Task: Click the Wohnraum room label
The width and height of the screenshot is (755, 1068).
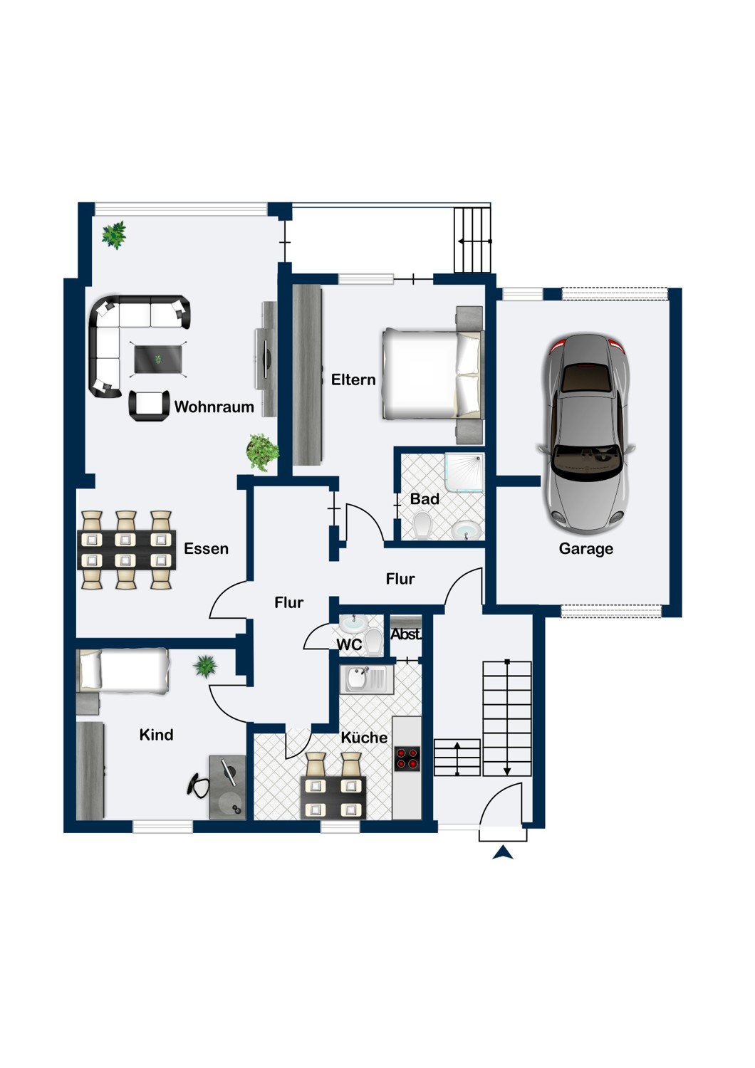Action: pos(214,407)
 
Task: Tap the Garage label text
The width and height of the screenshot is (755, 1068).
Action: pos(585,548)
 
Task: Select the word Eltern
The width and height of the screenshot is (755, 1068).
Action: pos(353,379)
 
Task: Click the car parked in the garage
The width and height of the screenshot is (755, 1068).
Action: pos(585,433)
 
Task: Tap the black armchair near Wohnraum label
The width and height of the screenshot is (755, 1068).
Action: pos(149,406)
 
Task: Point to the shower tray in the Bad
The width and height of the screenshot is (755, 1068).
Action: pos(464,472)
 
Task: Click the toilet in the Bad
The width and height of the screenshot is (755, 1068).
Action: pos(422,527)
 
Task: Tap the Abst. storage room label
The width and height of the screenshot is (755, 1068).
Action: pos(406,634)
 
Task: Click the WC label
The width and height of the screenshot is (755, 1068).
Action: pos(349,645)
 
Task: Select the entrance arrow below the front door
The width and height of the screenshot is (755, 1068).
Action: pos(503,852)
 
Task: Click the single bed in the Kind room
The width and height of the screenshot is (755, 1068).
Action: pos(125,671)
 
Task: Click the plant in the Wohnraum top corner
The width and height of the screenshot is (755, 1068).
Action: pos(114,234)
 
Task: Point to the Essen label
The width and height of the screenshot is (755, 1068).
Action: pos(206,548)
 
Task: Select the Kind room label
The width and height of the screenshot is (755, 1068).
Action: pos(156,735)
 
